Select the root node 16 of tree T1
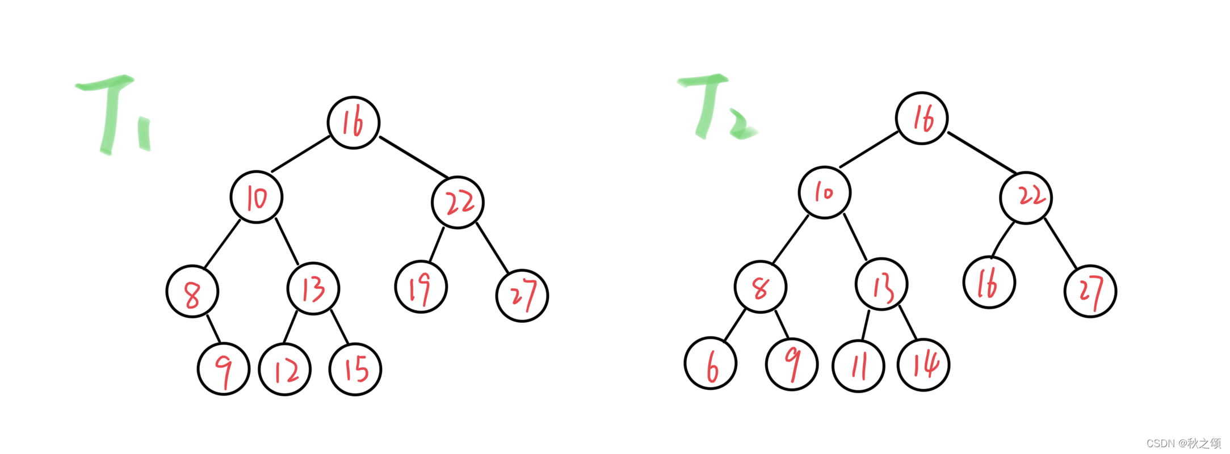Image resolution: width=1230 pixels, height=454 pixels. click(354, 123)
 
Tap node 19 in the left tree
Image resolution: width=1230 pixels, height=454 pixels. click(421, 287)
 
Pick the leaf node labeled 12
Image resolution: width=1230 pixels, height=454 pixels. click(285, 370)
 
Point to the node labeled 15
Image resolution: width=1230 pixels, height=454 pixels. click(355, 370)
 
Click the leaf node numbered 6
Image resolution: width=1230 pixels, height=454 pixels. click(711, 364)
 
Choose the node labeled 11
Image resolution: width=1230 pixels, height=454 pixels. click(858, 366)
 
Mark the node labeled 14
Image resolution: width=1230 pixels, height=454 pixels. click(923, 365)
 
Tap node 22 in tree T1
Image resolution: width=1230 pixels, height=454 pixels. click(458, 203)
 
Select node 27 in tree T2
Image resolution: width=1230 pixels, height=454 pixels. click(1090, 292)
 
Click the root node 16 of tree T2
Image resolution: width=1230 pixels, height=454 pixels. click(922, 118)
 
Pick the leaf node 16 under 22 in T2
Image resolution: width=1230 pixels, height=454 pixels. click(989, 283)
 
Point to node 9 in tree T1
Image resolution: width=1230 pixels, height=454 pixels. click(224, 369)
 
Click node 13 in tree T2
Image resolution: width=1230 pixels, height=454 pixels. click(881, 284)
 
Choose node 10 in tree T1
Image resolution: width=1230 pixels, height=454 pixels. click(257, 197)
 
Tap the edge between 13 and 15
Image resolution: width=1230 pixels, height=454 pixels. click(339, 327)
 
